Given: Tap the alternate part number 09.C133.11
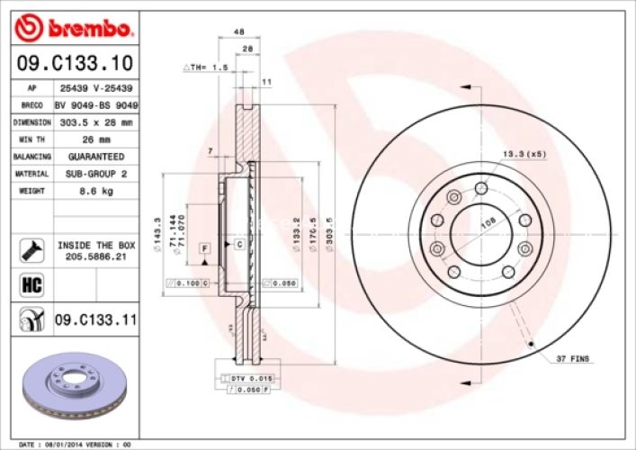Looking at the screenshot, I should tap(95, 318).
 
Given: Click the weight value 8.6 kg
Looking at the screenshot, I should tap(94, 191).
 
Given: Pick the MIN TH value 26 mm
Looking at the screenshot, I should tap(94, 139).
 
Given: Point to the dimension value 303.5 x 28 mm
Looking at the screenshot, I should tap(94, 122).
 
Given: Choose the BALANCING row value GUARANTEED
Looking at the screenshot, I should tap(94, 157).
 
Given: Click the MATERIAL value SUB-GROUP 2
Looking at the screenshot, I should tap(94, 174).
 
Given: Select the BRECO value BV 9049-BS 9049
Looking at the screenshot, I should tap(94, 105).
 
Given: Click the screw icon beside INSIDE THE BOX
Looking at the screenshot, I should tap(30, 249).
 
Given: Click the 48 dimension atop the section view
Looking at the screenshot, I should tap(239, 31).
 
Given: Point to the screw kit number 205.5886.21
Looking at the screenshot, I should tap(95, 256).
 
